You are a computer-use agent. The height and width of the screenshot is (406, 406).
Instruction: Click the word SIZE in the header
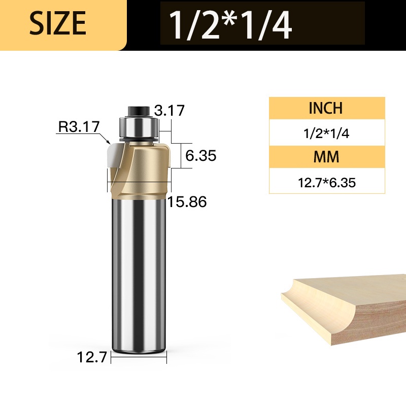click(x=57, y=23)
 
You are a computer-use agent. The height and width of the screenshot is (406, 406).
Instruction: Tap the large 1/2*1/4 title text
click(x=230, y=24)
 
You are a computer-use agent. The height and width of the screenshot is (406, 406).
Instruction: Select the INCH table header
click(x=326, y=108)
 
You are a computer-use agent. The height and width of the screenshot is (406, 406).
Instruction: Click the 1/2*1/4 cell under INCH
click(x=326, y=133)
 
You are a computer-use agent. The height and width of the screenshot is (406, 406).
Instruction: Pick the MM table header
click(x=326, y=157)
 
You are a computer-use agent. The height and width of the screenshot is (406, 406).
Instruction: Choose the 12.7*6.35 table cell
click(x=327, y=183)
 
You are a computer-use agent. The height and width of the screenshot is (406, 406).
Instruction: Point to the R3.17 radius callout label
click(x=79, y=126)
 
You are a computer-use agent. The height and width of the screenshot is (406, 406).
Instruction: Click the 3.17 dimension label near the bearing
click(x=170, y=110)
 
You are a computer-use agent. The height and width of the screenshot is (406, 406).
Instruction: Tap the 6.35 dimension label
click(x=200, y=156)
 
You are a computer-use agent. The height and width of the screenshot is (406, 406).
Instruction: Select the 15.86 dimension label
click(x=187, y=201)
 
